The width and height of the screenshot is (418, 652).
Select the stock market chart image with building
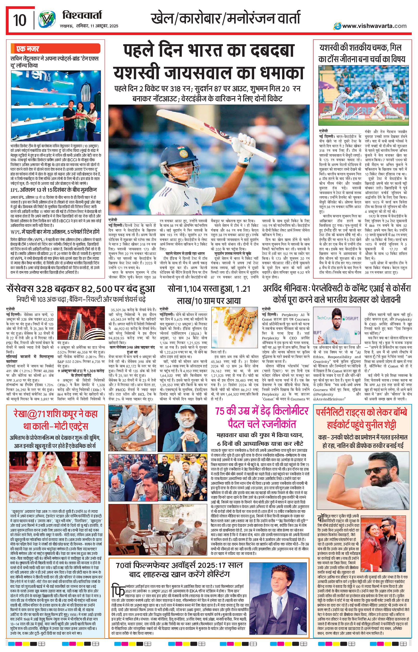tap(81, 323)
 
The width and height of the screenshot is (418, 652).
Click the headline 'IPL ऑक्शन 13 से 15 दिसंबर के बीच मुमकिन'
tap(54, 190)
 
